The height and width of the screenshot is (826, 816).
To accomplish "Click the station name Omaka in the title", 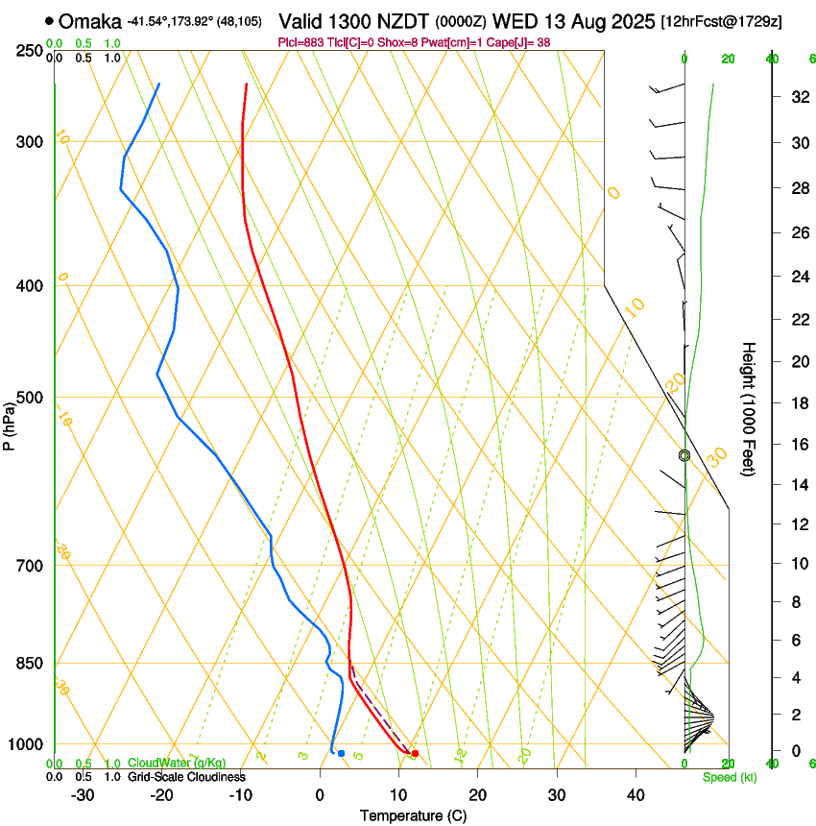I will click(90, 21).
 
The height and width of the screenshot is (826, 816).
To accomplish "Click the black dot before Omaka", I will click(50, 21).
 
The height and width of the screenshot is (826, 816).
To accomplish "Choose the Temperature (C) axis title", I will click(413, 815).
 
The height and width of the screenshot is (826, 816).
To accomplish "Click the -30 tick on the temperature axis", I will click(83, 794).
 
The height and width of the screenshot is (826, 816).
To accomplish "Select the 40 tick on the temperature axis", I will click(636, 794).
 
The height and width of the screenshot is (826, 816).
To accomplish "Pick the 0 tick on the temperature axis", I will click(321, 794).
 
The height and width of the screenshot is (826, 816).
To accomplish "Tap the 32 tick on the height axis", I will click(798, 97).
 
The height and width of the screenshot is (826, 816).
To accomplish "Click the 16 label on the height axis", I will click(798, 444).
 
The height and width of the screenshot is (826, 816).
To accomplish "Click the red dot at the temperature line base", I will click(415, 753).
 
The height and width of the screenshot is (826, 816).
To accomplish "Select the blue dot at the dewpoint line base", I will click(341, 753).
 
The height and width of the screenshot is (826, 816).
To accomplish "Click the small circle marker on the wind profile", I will click(684, 455).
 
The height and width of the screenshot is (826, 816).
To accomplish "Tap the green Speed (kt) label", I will click(729, 777).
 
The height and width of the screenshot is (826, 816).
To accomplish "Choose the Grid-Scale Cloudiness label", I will click(186, 776).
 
